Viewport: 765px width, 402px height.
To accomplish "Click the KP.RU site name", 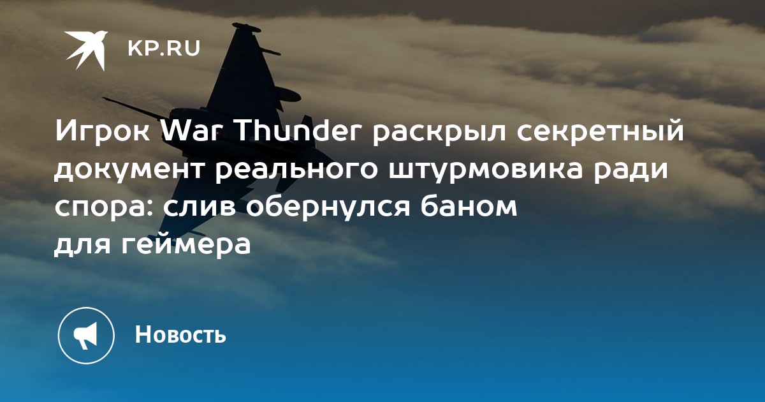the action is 164,48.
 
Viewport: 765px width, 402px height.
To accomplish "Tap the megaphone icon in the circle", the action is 85,336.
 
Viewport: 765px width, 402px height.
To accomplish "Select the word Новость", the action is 180,334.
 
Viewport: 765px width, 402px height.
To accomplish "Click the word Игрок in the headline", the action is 103,131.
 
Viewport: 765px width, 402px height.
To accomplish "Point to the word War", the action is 189,131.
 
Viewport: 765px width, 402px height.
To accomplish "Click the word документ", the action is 130,170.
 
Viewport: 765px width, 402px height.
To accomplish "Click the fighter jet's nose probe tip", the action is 104,99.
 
